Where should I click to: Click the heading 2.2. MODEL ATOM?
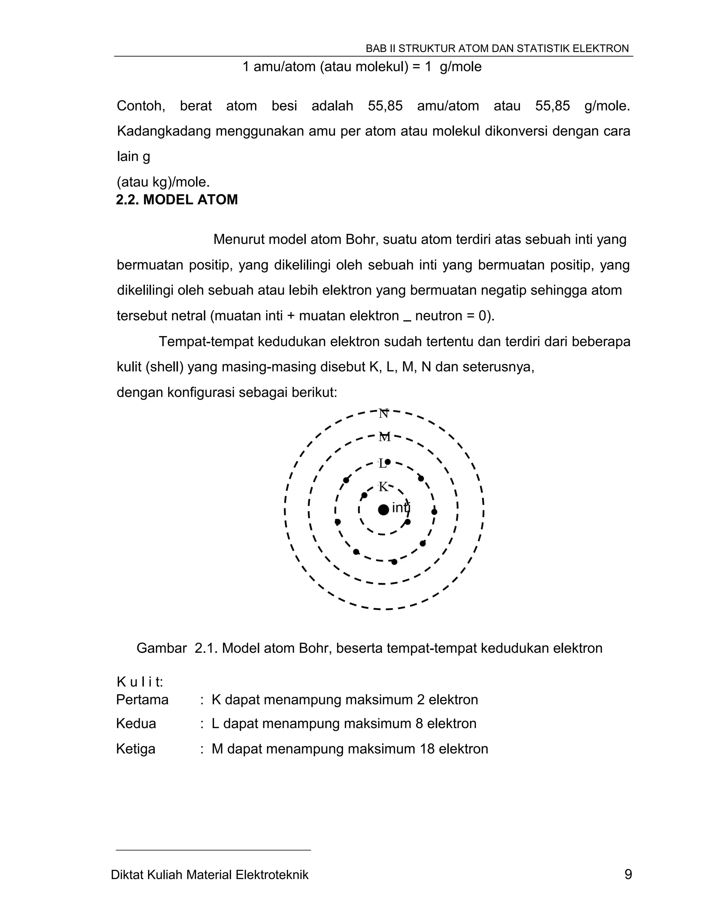click(177, 199)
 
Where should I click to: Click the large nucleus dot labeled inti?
click(383, 509)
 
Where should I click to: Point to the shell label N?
click(383, 413)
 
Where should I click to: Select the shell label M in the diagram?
click(384, 437)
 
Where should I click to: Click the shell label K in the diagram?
click(383, 487)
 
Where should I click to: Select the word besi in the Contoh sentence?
click(284, 105)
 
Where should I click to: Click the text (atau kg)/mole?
click(163, 182)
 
